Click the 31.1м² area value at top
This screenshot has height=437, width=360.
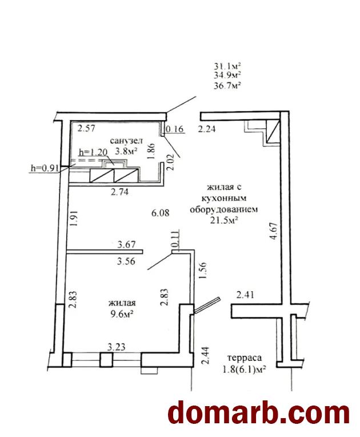(x=227, y=66)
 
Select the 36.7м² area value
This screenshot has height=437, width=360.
(x=227, y=86)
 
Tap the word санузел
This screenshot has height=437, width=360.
(x=126, y=141)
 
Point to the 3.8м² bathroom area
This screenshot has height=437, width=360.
(x=126, y=151)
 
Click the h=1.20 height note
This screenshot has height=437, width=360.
(x=93, y=152)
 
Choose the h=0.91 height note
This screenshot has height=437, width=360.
(x=45, y=168)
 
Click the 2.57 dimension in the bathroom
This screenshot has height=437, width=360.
(x=86, y=129)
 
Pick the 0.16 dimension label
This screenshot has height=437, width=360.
(x=175, y=129)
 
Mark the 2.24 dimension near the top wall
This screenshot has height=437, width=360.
(x=207, y=129)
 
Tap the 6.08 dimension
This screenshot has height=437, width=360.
(x=161, y=213)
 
